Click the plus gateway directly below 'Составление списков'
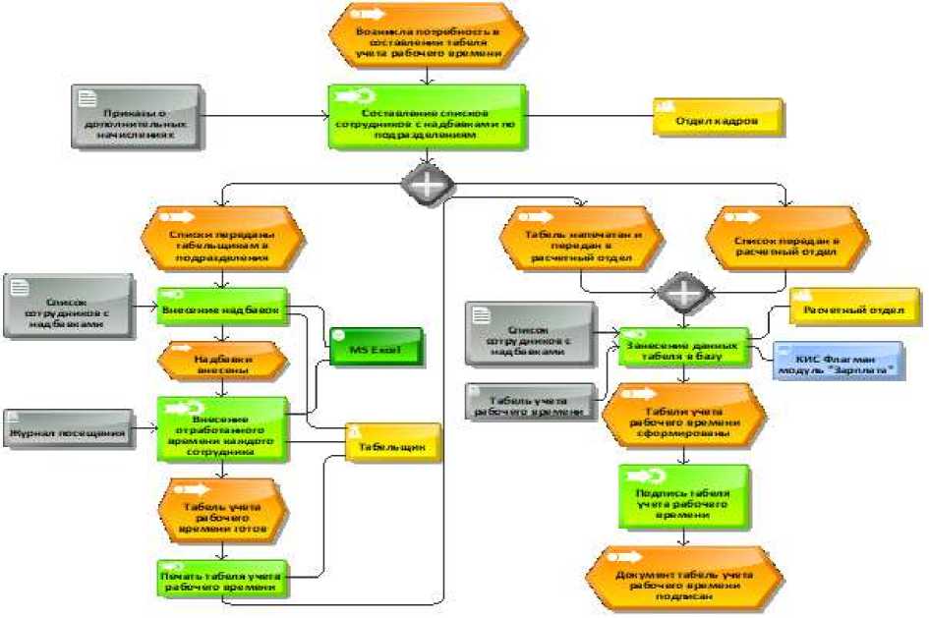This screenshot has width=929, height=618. pos(426,183)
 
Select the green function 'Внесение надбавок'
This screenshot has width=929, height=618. pos(221,309)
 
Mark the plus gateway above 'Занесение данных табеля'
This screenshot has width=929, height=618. pos(683,292)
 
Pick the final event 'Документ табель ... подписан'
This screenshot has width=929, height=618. pos(684,579)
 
